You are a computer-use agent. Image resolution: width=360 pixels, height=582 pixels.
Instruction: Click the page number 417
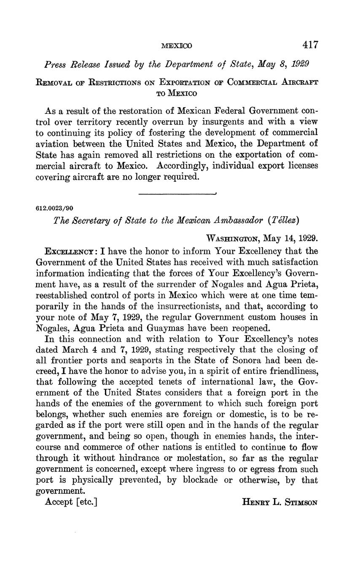[x=310, y=45]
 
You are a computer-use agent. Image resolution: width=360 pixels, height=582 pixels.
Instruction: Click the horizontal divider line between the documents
[x=177, y=194]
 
